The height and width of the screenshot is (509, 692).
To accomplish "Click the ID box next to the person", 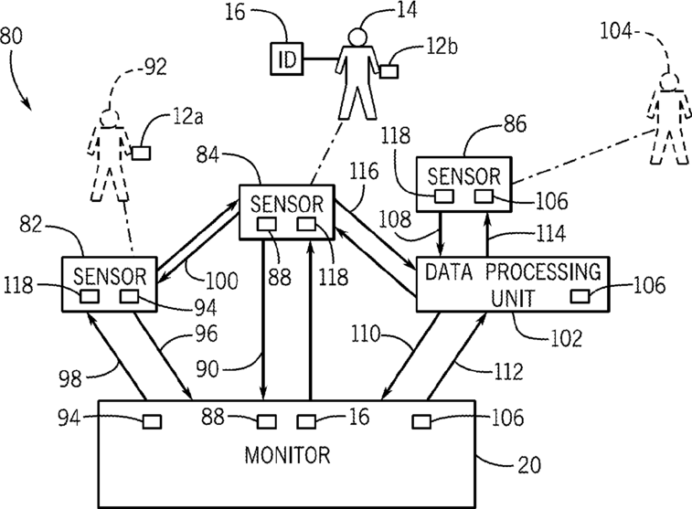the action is coord(287,58).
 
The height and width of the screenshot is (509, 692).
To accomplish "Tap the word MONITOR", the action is coord(287,455).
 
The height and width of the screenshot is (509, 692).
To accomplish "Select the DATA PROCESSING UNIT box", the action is coord(513,284).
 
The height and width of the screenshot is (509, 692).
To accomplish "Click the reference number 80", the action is coord(11,36).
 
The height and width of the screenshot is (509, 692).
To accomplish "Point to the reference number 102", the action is coord(567,338).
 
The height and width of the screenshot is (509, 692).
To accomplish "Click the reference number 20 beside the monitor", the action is coord(529,465).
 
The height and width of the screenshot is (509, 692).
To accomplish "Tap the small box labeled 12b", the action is coord(389,71).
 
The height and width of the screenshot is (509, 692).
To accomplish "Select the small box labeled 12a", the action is coord(141,153).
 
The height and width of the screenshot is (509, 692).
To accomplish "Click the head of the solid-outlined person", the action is coord(357,37).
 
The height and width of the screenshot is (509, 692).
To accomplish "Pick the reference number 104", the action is coord(616,31).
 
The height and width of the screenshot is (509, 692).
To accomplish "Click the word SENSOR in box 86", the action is coord(464,176).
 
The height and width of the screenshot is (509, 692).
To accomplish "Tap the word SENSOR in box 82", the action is coord(110,277).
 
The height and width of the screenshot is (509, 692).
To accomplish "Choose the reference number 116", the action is coord(364,171).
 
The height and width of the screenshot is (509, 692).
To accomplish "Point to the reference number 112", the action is coord(508,371).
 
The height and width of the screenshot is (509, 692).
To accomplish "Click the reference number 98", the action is coord(70,378).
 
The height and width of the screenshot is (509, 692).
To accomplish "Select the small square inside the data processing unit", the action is coord(580,296).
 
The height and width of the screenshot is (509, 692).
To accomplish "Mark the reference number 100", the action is coord(222,281).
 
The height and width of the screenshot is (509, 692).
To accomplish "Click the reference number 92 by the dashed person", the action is coord(154,67).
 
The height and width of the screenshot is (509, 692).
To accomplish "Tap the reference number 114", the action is coord(550,233).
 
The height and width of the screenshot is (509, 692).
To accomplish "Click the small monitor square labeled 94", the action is coord(152,421).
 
